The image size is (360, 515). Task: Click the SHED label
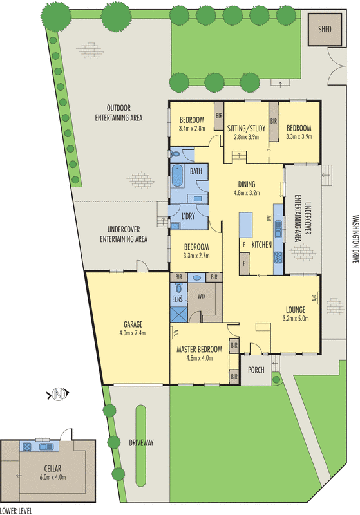(x=325, y=29)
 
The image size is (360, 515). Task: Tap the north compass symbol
(x=59, y=393)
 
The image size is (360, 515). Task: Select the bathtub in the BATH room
(x=177, y=176)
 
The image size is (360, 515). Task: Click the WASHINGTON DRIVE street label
(x=355, y=239)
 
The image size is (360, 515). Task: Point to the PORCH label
(x=256, y=370)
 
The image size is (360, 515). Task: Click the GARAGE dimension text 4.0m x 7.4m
(x=133, y=333)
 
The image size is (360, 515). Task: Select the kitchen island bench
(x=246, y=225)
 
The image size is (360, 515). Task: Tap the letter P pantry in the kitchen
(x=244, y=263)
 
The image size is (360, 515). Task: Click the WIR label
(x=202, y=296)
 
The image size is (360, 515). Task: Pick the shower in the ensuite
(x=179, y=314)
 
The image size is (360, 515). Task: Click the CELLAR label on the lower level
(x=53, y=469)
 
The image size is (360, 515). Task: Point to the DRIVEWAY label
(x=141, y=443)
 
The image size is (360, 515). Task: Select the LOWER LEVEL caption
(x=16, y=510)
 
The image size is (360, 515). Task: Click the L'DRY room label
(x=188, y=216)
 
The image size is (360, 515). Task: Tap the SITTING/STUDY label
(x=246, y=128)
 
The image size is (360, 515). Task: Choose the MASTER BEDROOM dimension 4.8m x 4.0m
(x=200, y=358)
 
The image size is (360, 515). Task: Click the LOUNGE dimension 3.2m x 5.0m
(x=296, y=318)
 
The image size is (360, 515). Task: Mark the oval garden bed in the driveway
(x=141, y=445)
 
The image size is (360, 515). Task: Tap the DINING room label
(x=247, y=184)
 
